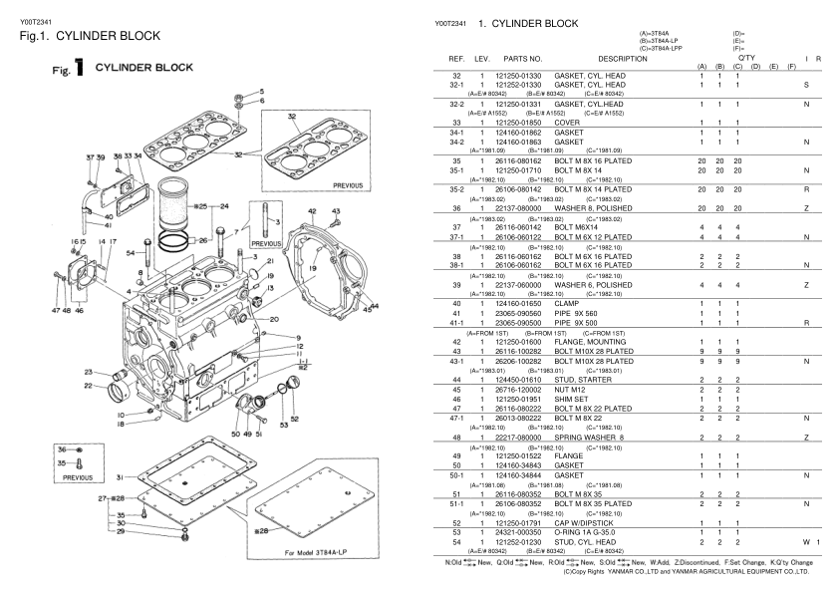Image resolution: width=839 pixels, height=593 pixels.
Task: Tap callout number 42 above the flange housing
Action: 311,211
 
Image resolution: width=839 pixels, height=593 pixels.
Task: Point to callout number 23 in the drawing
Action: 90,372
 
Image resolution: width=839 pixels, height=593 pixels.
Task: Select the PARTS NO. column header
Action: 522,60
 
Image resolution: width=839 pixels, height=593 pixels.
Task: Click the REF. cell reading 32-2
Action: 458,104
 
